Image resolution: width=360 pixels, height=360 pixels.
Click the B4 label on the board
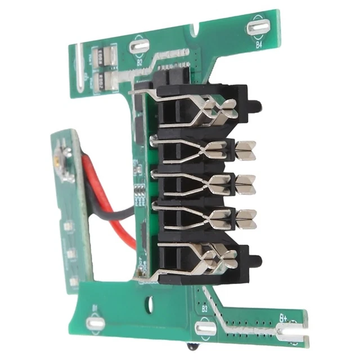[x=259, y=43]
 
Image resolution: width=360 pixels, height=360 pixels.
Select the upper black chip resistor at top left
[x=102, y=55]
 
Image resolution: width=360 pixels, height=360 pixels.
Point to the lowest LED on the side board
[x=73, y=280]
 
